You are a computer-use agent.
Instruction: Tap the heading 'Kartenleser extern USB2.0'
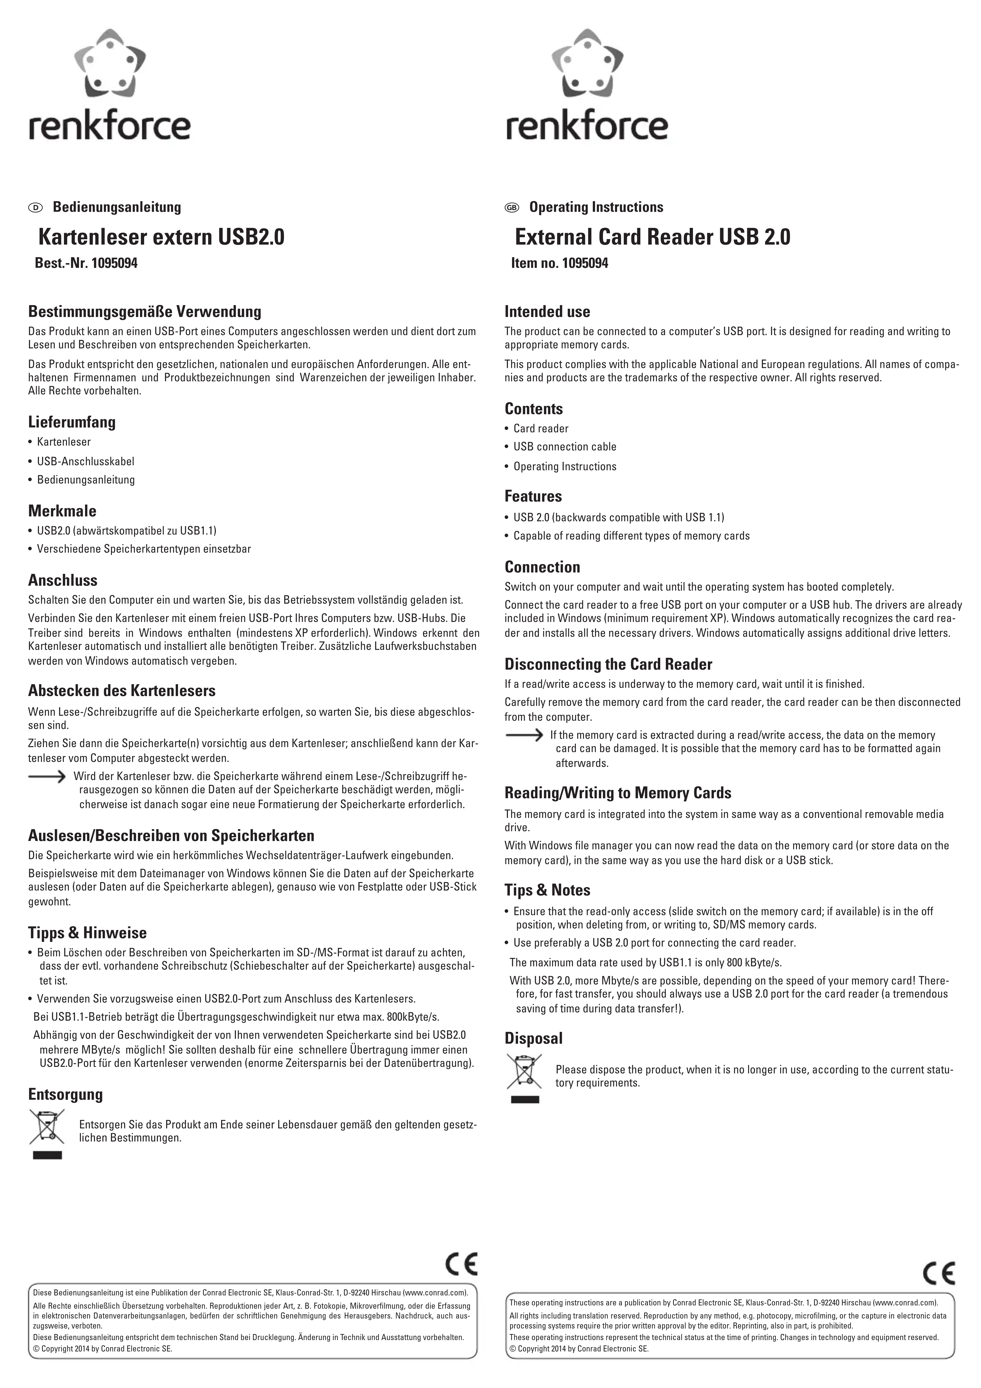pos(161,237)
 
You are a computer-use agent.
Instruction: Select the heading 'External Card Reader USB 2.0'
pos(652,237)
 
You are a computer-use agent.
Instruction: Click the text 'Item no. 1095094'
pos(559,264)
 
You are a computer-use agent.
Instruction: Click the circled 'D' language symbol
pos(36,207)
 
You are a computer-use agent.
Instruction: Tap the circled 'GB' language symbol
pos(512,207)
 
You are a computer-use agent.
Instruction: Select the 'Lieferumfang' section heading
pos(72,422)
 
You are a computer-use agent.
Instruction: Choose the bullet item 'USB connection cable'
pos(564,447)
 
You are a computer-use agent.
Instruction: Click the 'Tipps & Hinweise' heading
pos(87,933)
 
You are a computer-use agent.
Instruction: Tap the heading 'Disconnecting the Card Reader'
pos(608,664)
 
